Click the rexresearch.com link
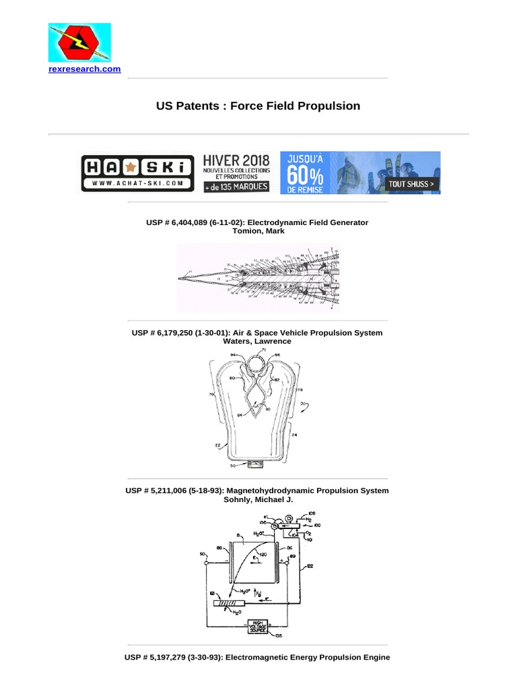pos(84,69)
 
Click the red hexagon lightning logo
pos(79,43)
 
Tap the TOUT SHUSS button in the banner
pos(409,183)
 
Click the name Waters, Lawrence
pos(258,342)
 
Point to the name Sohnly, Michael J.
pos(258,499)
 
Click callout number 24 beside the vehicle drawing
pos(295,435)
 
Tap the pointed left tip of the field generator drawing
pos(179,278)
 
